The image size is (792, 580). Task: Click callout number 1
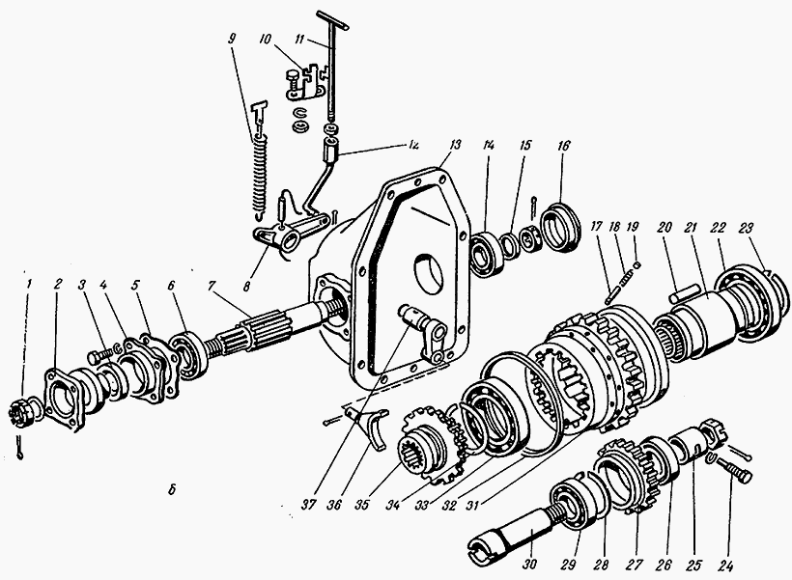coord(29,283)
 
